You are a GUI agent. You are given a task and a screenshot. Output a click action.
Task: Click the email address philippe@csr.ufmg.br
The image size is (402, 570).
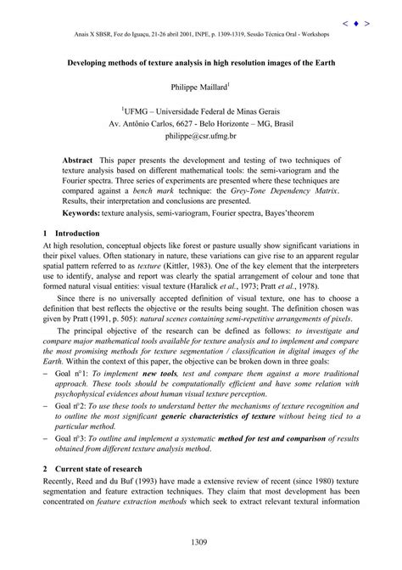click(200, 134)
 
